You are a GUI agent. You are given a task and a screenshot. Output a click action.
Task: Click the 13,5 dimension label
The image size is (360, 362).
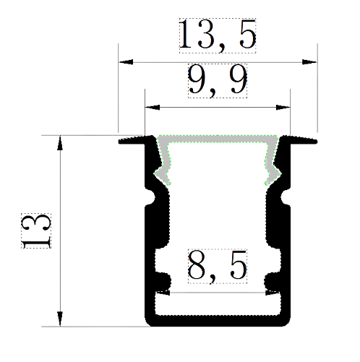click(218, 35)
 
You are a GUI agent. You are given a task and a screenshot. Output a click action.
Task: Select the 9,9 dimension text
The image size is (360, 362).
click(218, 81)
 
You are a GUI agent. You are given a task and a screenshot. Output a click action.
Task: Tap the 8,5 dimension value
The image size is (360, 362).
click(218, 266)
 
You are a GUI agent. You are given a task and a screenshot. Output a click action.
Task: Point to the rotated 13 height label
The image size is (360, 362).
click(36, 230)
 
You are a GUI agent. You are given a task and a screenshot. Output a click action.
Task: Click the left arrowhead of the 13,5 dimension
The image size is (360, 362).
click(126, 62)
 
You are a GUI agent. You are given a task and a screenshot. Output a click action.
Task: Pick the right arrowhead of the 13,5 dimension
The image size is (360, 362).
click(309, 62)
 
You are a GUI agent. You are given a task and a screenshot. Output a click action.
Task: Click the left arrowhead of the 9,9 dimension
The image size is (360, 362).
click(153, 107)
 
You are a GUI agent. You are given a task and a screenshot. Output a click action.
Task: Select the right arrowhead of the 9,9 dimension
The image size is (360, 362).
click(283, 107)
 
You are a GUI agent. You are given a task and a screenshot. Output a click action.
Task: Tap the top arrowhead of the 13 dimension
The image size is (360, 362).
click(60, 143)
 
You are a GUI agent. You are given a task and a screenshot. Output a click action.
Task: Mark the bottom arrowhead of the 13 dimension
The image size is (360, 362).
click(60, 319)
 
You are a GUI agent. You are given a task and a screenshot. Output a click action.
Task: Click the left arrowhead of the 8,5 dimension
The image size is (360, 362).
click(163, 293)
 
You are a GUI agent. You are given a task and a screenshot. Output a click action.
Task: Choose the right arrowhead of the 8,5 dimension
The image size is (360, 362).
click(273, 293)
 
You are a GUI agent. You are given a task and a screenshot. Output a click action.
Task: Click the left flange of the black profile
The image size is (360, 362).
click(132, 141)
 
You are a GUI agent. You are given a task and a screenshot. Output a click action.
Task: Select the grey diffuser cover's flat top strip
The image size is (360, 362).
click(218, 139)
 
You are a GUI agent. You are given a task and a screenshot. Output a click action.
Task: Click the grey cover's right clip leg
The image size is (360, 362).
click(272, 166)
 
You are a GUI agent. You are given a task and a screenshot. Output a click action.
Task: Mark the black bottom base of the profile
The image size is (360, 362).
click(218, 321)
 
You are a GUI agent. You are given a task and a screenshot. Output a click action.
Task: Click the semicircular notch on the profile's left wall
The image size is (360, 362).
click(151, 197)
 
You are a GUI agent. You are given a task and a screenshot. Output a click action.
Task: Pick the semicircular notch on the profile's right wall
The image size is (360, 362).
click(285, 197)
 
